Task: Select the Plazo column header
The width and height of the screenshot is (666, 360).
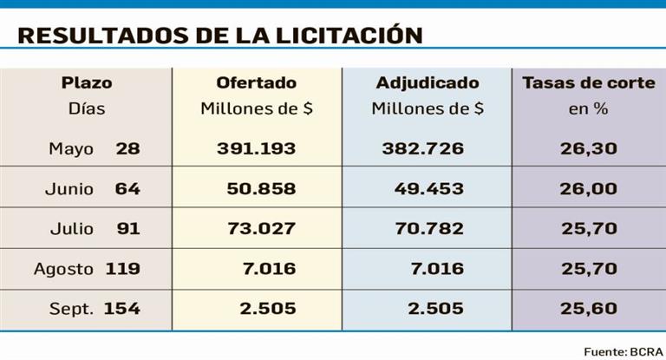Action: click(87, 83)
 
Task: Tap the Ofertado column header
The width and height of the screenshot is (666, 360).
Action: click(256, 83)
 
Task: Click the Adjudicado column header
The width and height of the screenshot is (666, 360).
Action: click(428, 83)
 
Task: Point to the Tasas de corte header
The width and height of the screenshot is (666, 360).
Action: click(589, 83)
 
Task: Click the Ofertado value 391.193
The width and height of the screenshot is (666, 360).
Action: click(256, 148)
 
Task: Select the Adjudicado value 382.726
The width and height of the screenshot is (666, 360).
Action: click(423, 148)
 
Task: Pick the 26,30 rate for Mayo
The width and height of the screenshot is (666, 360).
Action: click(589, 148)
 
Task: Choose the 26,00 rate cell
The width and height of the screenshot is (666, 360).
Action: click(589, 188)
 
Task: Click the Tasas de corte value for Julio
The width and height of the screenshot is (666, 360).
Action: click(589, 229)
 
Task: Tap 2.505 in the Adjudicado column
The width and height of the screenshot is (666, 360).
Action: click(436, 309)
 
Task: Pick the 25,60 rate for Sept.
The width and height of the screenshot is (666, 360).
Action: click(589, 309)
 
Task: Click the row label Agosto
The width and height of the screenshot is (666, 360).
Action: click(63, 269)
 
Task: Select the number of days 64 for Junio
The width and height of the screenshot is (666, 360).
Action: click(127, 188)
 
